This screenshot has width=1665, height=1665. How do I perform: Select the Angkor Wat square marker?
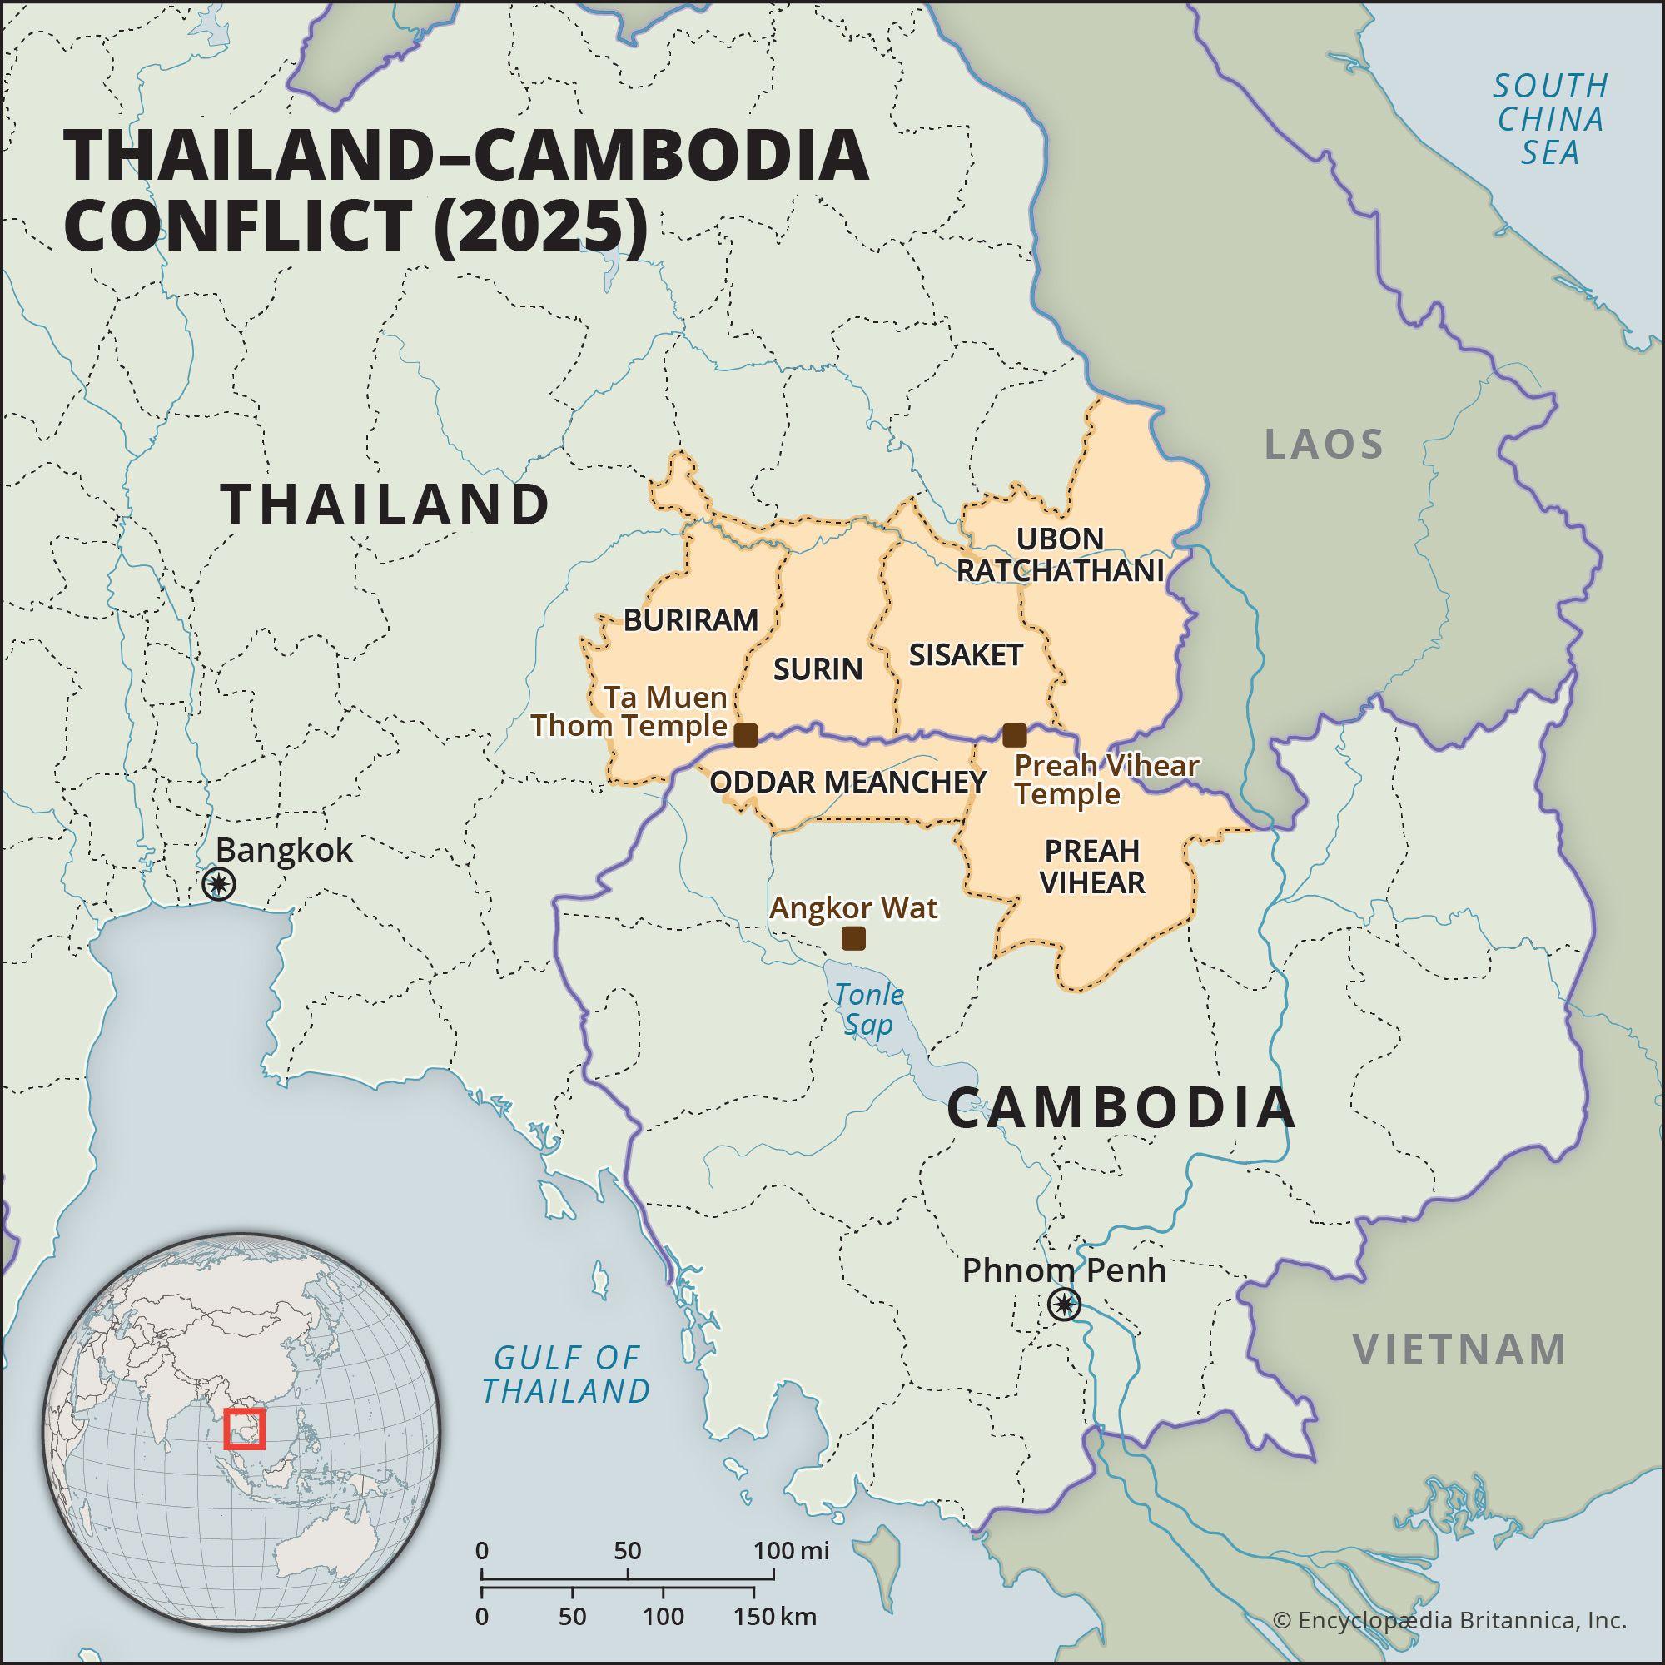[853, 938]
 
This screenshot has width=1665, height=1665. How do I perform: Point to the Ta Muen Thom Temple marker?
[745, 735]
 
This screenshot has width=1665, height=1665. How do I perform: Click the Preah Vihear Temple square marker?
[1015, 735]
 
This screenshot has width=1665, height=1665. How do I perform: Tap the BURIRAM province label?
[690, 619]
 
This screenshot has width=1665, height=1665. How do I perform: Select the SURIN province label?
[818, 668]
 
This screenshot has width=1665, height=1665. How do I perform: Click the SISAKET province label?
[965, 655]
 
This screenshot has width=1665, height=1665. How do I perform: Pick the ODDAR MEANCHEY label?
[847, 782]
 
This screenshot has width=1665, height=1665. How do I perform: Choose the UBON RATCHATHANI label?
[1060, 554]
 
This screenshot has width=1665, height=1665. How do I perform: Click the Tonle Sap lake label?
[867, 1009]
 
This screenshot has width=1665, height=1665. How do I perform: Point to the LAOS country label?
[1324, 445]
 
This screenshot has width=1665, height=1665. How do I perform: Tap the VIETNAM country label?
[1459, 1349]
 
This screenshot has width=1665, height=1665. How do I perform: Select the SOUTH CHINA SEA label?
[1550, 119]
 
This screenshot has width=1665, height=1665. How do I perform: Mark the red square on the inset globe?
[245, 1429]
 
